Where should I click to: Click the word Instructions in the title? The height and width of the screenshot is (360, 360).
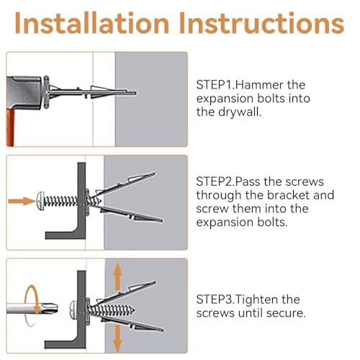coord(262,23)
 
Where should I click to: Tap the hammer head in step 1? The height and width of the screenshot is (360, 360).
coord(24,92)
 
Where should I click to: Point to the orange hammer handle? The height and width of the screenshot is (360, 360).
coord(11,127)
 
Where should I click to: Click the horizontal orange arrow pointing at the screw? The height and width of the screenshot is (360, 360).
coord(22,201)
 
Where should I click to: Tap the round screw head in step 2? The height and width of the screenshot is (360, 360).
coord(40,201)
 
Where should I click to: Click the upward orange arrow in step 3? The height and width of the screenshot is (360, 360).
coord(117,277)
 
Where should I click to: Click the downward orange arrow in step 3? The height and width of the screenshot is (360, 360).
coord(117,339)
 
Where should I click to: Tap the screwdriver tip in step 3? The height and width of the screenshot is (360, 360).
coord(53,308)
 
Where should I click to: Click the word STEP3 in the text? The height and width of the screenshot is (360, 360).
coord(214,300)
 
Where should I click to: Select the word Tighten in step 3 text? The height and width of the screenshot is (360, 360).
coord(257,300)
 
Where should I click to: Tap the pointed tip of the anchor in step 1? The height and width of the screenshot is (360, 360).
coord(135,93)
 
